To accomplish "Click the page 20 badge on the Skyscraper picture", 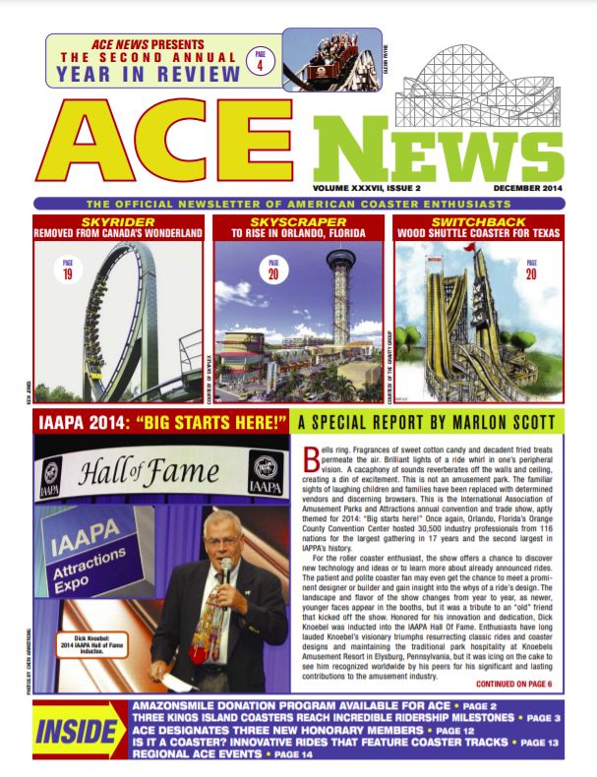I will [x=271, y=268].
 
